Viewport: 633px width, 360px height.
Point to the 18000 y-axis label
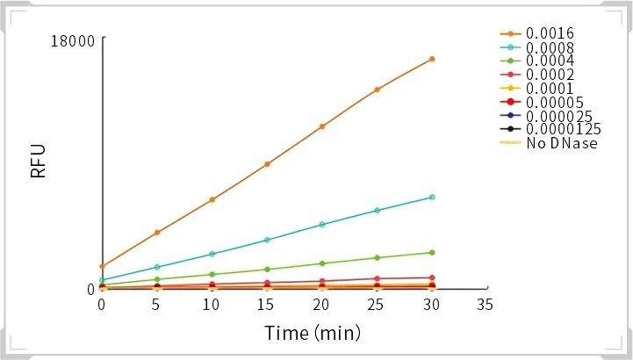[73, 40]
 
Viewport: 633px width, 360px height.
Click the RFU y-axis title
[39, 162]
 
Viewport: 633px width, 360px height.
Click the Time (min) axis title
[313, 334]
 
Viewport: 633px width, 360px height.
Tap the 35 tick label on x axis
[485, 305]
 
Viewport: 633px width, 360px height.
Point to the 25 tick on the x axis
[377, 305]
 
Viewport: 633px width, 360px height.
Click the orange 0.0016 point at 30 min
[432, 59]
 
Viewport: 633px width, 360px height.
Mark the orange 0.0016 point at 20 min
[322, 126]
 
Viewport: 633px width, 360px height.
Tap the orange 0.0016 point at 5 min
[157, 232]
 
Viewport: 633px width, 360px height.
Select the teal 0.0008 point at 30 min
[432, 197]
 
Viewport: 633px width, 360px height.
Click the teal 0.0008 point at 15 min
[267, 240]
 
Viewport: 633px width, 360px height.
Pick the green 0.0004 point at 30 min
[432, 253]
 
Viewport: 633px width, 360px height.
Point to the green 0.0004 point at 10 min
[212, 275]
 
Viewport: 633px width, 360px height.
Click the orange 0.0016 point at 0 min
[102, 266]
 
